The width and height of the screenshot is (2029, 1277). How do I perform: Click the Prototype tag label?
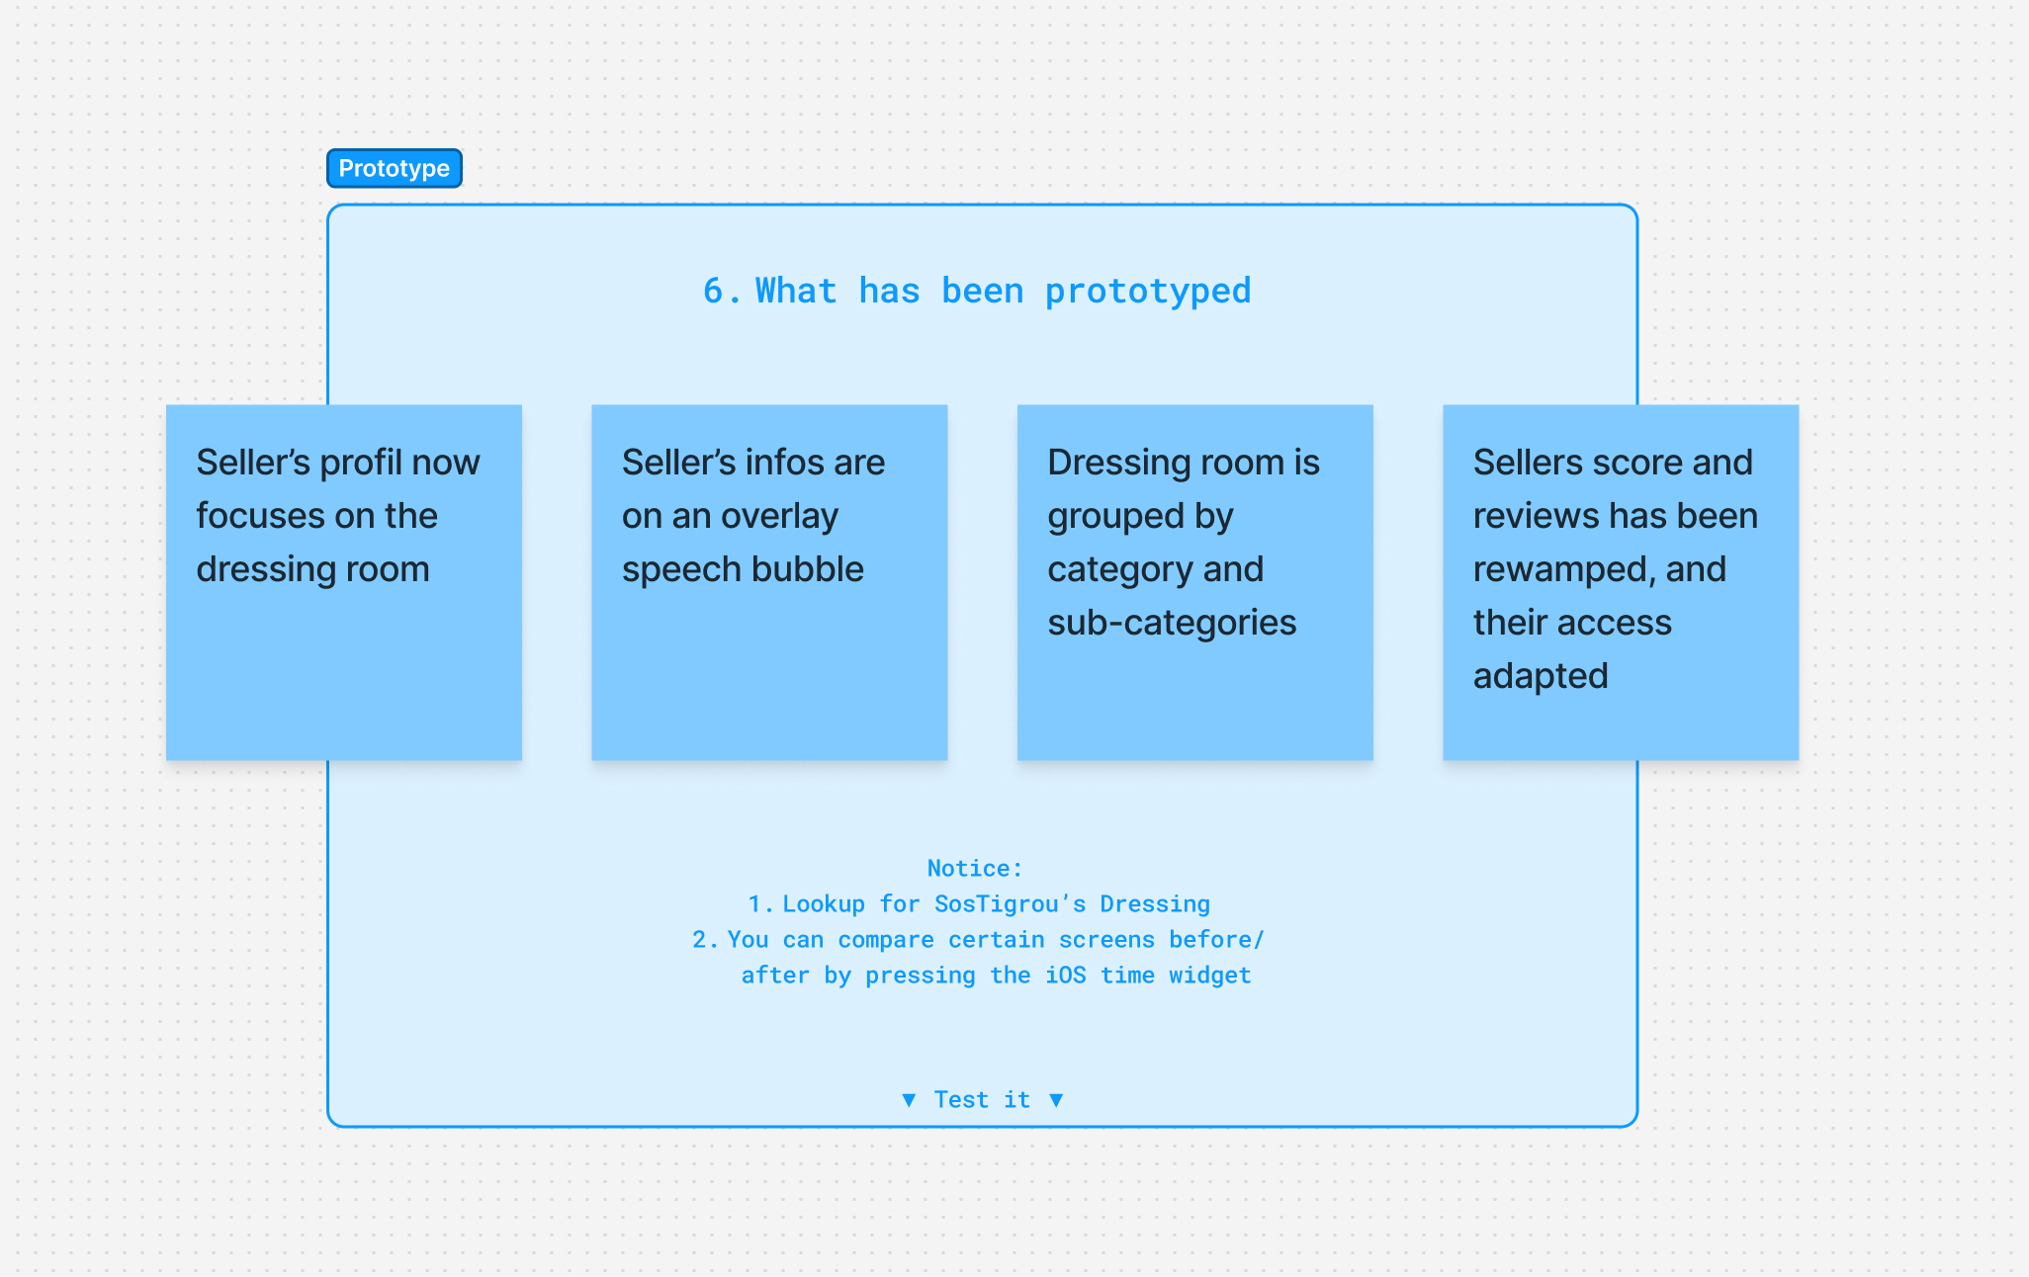pos(394,168)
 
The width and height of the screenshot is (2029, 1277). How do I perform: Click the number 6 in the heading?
pos(714,291)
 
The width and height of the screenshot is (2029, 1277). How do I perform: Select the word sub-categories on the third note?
pos(1172,624)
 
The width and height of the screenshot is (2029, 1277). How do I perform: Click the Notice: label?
pos(975,869)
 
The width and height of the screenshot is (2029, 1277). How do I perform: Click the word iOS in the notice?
pos(1066,976)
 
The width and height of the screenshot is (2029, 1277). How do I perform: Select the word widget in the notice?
pos(1210,977)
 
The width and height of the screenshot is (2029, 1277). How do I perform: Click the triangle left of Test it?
pos(909,1100)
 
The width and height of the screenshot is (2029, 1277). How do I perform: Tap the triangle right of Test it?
pos(1056,1100)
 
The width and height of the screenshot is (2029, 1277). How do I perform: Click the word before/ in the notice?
pos(1216,940)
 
